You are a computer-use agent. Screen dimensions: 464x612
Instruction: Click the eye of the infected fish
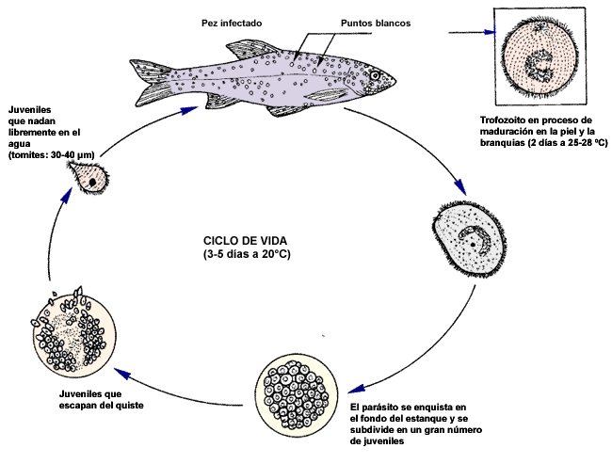pyautogui.click(x=376, y=75)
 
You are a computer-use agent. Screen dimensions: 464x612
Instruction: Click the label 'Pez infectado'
pyautogui.click(x=232, y=23)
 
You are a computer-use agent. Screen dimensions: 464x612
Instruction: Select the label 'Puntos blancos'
pyautogui.click(x=347, y=23)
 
